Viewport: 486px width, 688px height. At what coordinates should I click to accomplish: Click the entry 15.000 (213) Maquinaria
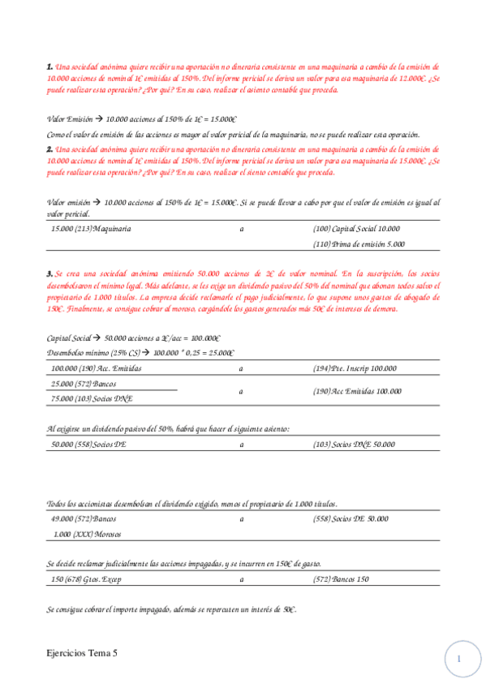pos(91,230)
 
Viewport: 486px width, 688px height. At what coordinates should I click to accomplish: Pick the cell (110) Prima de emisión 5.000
pos(359,243)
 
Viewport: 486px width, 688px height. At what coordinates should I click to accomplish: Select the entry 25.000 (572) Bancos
pos(84,383)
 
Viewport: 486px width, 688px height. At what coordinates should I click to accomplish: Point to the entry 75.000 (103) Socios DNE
pos(92,398)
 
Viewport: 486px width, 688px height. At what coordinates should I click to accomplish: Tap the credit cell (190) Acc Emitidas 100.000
pos(357,390)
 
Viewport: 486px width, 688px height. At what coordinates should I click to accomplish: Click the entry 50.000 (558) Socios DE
pos(88,445)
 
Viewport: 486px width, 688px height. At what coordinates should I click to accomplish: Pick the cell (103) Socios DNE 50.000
pos(354,445)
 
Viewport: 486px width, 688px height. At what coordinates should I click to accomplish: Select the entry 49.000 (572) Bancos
pos(84,518)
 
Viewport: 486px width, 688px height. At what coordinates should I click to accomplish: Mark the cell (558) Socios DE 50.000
pos(351,518)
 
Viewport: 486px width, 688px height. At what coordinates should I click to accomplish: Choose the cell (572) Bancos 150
pos(341,579)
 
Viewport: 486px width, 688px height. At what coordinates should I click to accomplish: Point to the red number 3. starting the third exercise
pos(50,274)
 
